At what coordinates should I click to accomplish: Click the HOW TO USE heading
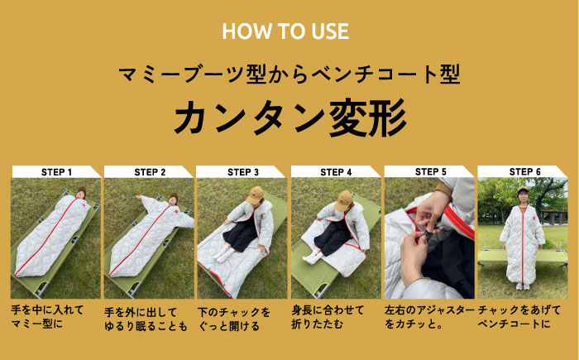point(285,32)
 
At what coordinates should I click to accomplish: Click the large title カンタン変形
point(289,118)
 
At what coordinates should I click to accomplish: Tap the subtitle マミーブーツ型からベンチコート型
point(289,74)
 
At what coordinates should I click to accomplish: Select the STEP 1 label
point(56,172)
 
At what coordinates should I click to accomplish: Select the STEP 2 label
point(150,172)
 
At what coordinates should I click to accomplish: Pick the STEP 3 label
point(243,172)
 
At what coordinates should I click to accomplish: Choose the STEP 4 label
point(337,172)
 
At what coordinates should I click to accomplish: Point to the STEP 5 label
point(430,172)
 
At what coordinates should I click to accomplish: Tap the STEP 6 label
point(524,172)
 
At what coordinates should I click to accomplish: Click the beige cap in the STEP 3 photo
point(256,194)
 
